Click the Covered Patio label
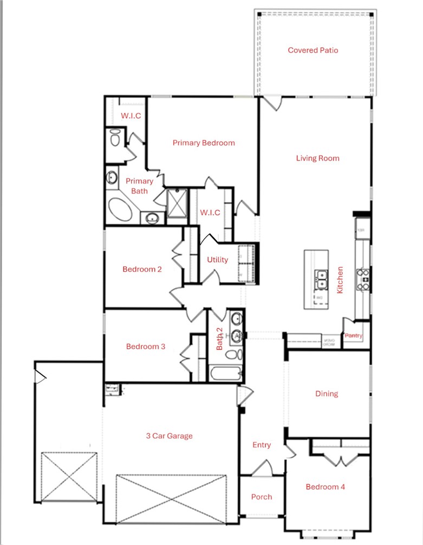(313, 50)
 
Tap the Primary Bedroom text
(204, 143)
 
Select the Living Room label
(317, 158)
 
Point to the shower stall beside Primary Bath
(175, 206)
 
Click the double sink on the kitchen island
(322, 279)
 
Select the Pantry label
(353, 336)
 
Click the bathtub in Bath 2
(226, 373)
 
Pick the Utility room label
(217, 260)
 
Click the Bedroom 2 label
(142, 269)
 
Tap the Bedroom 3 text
(146, 347)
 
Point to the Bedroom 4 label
(325, 487)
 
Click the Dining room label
(327, 394)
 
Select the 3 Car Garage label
(170, 435)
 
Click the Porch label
(262, 497)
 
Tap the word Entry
(262, 445)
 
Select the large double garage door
(172, 499)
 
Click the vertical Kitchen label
(340, 280)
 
